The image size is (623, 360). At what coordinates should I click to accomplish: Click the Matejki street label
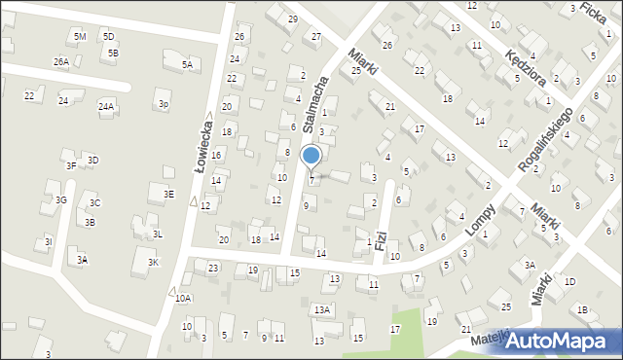491,341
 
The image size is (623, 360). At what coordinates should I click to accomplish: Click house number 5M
80,36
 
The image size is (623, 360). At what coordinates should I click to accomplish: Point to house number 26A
60,61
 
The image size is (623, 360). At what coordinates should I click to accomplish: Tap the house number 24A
106,105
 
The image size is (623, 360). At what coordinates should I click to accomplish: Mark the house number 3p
164,103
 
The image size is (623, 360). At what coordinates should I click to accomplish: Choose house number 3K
153,263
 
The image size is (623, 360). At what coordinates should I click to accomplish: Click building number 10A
183,298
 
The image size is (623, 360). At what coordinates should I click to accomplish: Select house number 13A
322,309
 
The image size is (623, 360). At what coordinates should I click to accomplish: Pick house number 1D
569,281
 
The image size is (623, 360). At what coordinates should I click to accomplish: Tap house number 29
292,18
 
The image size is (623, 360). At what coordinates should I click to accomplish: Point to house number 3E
168,194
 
